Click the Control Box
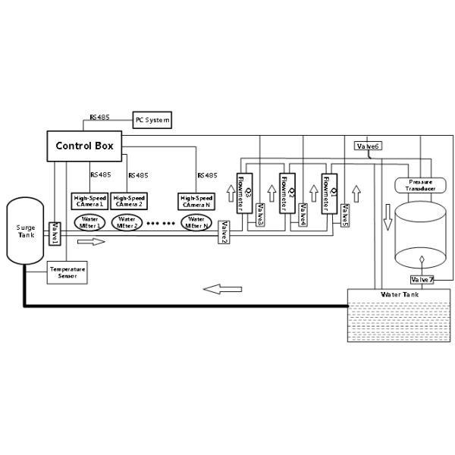pos(85,146)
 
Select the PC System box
pos(152,120)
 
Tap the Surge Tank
pos(25,232)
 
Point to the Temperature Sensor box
pos(67,273)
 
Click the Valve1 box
pos(55,234)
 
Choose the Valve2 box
pos(224,232)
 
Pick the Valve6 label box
pos(367,146)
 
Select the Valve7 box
pos(422,280)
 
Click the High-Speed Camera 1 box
pos(89,201)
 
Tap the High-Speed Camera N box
pos(196,201)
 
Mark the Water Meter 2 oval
pos(127,223)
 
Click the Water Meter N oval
pos(196,223)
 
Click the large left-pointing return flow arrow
pos(224,288)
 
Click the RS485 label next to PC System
pos(99,117)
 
